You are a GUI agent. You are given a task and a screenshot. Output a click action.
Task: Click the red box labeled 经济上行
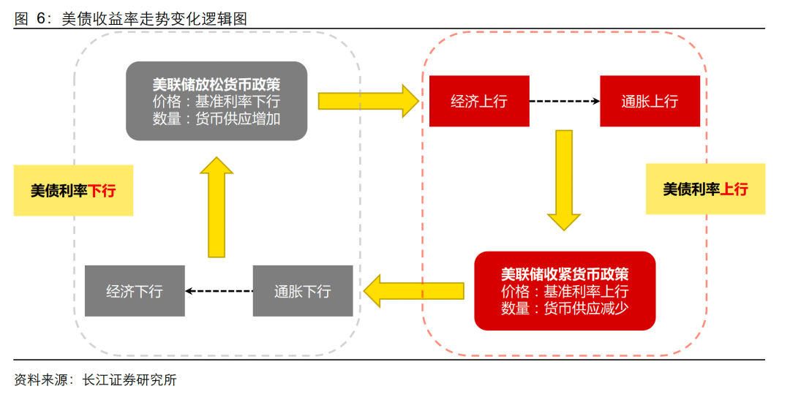pos(478,101)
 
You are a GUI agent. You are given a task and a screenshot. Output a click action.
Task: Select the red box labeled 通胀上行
pos(650,101)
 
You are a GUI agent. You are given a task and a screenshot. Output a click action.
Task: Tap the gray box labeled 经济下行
pos(135,291)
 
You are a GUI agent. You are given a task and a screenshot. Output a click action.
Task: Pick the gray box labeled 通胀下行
pos(303,291)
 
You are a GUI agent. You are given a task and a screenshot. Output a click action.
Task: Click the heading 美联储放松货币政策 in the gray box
pos(217,83)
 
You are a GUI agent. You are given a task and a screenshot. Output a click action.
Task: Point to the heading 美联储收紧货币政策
pos(565,274)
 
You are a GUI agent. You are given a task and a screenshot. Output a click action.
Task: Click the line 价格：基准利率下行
pos(217,101)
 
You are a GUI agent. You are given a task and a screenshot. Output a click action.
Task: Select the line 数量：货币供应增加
pos(217,118)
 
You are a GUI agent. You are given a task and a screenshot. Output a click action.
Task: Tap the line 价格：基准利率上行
pos(565,292)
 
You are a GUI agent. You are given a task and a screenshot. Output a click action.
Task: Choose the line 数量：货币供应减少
pos(565,309)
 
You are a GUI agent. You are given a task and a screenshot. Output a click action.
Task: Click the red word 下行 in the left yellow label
pos(102,191)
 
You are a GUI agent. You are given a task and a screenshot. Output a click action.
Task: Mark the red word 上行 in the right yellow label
pos(734,189)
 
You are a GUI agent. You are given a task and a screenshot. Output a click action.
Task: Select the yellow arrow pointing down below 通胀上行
pos(564,180)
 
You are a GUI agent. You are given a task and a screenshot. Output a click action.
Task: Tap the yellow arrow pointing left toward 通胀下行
pos(414,291)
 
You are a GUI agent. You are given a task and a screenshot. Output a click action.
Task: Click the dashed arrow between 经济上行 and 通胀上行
pos(563,101)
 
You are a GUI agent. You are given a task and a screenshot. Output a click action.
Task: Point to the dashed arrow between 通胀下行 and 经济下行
pos(219,291)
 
